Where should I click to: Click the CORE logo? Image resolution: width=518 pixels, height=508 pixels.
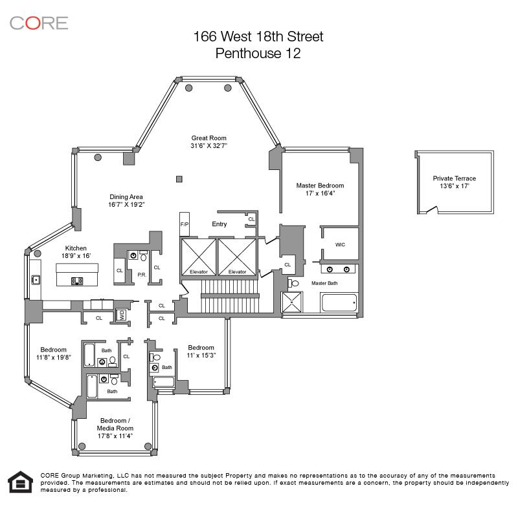39,23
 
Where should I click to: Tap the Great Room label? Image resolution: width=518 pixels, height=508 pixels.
208,138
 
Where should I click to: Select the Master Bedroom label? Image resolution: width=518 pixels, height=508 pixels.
320,185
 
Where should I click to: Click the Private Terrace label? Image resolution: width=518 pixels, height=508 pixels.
455,178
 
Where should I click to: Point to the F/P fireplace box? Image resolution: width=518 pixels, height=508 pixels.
185,224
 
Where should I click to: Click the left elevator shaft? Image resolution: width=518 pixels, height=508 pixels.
199,257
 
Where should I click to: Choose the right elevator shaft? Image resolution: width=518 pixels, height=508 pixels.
237,257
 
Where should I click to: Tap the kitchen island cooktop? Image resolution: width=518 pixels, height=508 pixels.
77,281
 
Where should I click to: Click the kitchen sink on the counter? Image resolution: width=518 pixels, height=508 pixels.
36,280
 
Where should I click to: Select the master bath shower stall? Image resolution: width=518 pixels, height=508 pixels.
291,302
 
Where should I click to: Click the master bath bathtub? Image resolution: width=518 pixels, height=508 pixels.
339,302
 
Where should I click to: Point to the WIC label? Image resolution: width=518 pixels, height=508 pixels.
340,244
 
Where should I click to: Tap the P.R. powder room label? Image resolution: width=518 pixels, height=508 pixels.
141,275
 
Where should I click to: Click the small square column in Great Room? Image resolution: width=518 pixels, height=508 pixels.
179,179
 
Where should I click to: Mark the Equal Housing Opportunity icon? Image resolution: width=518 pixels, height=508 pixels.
21,482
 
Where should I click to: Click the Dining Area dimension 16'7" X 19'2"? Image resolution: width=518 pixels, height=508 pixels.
126,204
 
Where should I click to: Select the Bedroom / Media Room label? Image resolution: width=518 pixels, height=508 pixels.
115,424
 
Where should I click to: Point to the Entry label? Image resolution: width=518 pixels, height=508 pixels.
220,224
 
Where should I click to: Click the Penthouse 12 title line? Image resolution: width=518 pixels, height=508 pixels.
258,54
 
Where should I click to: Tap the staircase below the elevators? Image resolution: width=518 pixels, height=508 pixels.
231,296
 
